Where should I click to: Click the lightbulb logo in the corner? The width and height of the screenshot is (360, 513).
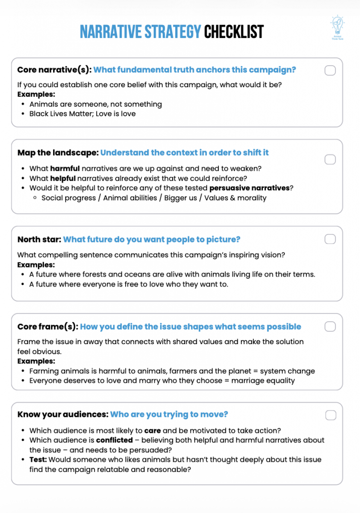pos(337,25)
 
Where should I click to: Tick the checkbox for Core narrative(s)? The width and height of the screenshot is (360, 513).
pos(330,70)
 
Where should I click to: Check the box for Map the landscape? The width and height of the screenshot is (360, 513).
pos(330,159)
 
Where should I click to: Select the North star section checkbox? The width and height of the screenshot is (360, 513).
pos(330,239)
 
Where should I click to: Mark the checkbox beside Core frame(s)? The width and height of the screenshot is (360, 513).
pos(330,327)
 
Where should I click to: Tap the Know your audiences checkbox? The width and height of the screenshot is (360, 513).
pos(330,415)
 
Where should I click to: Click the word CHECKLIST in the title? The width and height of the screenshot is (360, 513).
pos(233,33)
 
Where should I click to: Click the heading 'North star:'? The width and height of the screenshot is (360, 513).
pos(39,239)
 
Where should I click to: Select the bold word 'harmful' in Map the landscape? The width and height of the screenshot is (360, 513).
pos(65,168)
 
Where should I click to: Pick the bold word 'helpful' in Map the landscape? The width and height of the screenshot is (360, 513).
pos(63,178)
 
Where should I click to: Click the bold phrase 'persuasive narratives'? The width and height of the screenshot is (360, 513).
pos(249,188)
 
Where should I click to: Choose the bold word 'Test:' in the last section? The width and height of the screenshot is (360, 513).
pos(39,459)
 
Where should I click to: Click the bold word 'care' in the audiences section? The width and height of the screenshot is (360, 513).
pos(152,430)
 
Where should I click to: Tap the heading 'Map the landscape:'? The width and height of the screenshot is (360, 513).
pos(57,153)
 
